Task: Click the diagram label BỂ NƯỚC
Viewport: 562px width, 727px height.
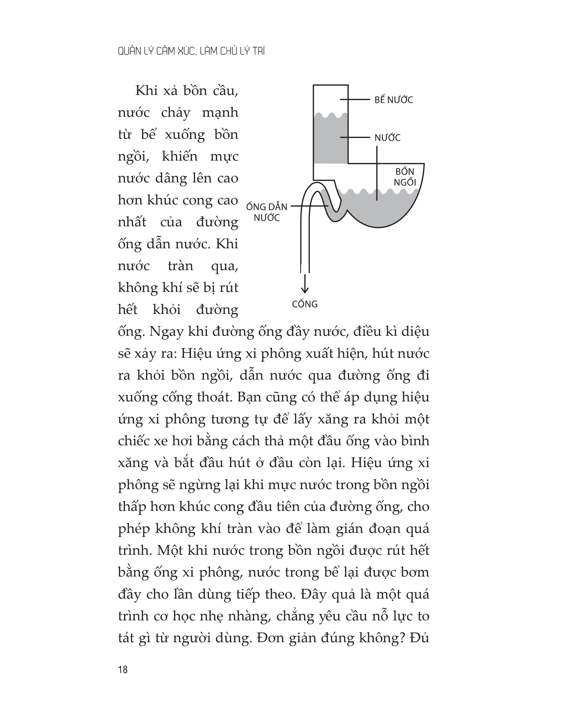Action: click(x=394, y=100)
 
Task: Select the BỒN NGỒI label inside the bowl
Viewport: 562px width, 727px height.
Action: click(x=405, y=177)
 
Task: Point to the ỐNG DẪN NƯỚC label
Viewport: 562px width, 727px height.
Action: click(x=266, y=212)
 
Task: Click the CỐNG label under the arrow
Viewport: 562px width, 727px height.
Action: click(x=305, y=304)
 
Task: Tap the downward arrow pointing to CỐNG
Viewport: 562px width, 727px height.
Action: click(x=305, y=285)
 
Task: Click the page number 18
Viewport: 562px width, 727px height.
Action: click(x=123, y=670)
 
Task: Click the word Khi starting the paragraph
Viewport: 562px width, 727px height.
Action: click(x=146, y=91)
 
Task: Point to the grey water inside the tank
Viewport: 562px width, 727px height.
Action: click(x=330, y=140)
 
